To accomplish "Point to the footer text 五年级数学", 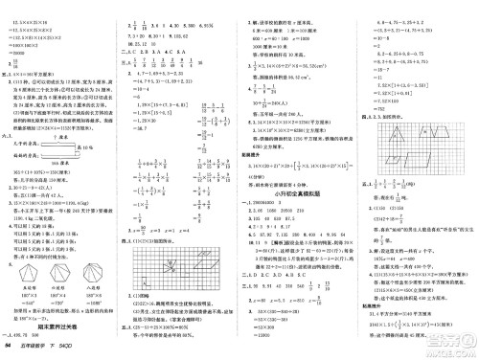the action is click(44, 351).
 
